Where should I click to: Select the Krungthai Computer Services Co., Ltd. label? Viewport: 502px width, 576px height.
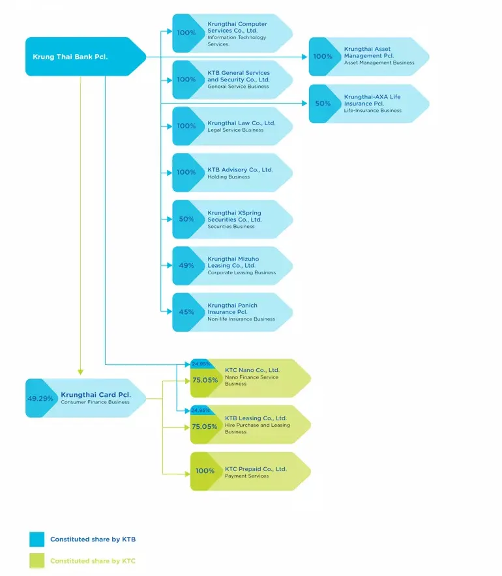click(237, 27)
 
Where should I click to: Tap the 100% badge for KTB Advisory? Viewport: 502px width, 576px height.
click(186, 172)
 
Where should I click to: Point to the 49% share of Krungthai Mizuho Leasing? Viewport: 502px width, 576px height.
click(186, 265)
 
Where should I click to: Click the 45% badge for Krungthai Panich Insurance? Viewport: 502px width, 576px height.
click(186, 312)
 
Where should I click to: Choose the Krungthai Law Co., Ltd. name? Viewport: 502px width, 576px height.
click(241, 122)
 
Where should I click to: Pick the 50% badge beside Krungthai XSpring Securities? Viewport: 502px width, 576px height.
click(186, 219)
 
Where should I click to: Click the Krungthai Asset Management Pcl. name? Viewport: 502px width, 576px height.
click(369, 52)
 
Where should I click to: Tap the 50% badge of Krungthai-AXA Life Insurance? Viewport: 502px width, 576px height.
click(323, 104)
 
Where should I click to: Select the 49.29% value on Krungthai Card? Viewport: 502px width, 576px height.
click(40, 398)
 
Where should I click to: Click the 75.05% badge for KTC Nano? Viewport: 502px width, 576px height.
click(205, 380)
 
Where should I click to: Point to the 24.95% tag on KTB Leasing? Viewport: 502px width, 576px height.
click(201, 410)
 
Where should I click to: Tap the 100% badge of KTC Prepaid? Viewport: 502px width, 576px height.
click(205, 470)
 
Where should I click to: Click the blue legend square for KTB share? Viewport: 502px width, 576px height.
click(37, 539)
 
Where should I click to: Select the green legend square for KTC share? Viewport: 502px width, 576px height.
click(37, 560)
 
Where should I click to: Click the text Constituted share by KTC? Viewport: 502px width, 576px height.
click(93, 561)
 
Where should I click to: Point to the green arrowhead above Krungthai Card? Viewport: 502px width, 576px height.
click(81, 372)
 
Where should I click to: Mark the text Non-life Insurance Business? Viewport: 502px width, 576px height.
click(241, 319)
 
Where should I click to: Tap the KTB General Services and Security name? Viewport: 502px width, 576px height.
click(238, 76)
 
